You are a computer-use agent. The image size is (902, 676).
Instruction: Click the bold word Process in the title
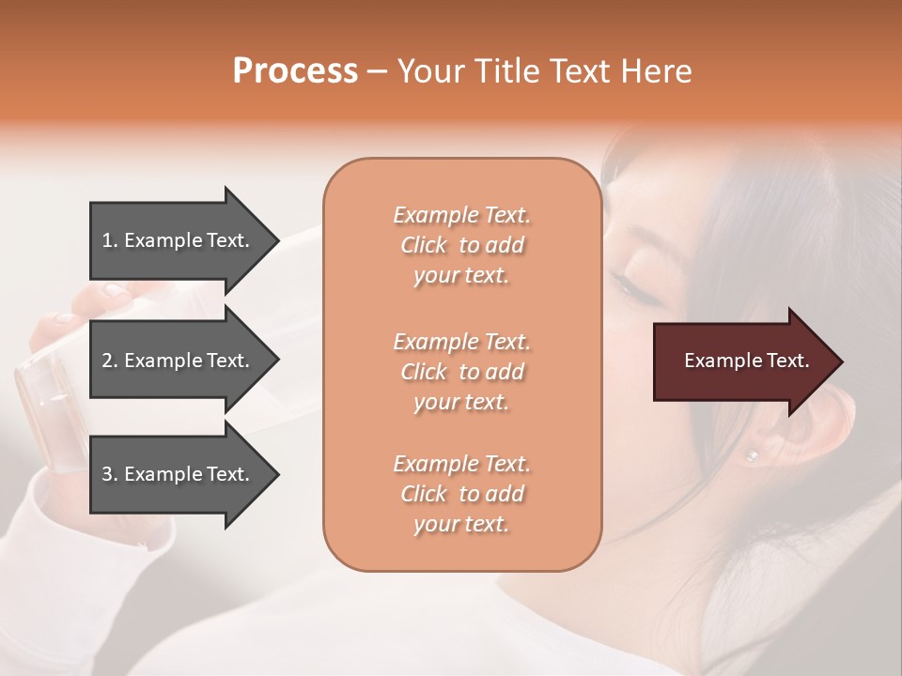click(295, 71)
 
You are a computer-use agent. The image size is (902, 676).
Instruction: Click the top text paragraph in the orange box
click(461, 245)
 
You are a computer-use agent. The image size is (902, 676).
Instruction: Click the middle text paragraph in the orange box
click(461, 372)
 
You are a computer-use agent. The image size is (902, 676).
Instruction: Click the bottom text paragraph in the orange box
click(461, 494)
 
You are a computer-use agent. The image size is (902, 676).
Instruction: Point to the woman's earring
click(751, 455)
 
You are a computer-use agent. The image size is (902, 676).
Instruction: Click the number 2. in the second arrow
click(109, 361)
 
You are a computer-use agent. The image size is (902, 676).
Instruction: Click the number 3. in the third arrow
click(109, 474)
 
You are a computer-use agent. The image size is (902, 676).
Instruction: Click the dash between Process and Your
click(378, 72)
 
